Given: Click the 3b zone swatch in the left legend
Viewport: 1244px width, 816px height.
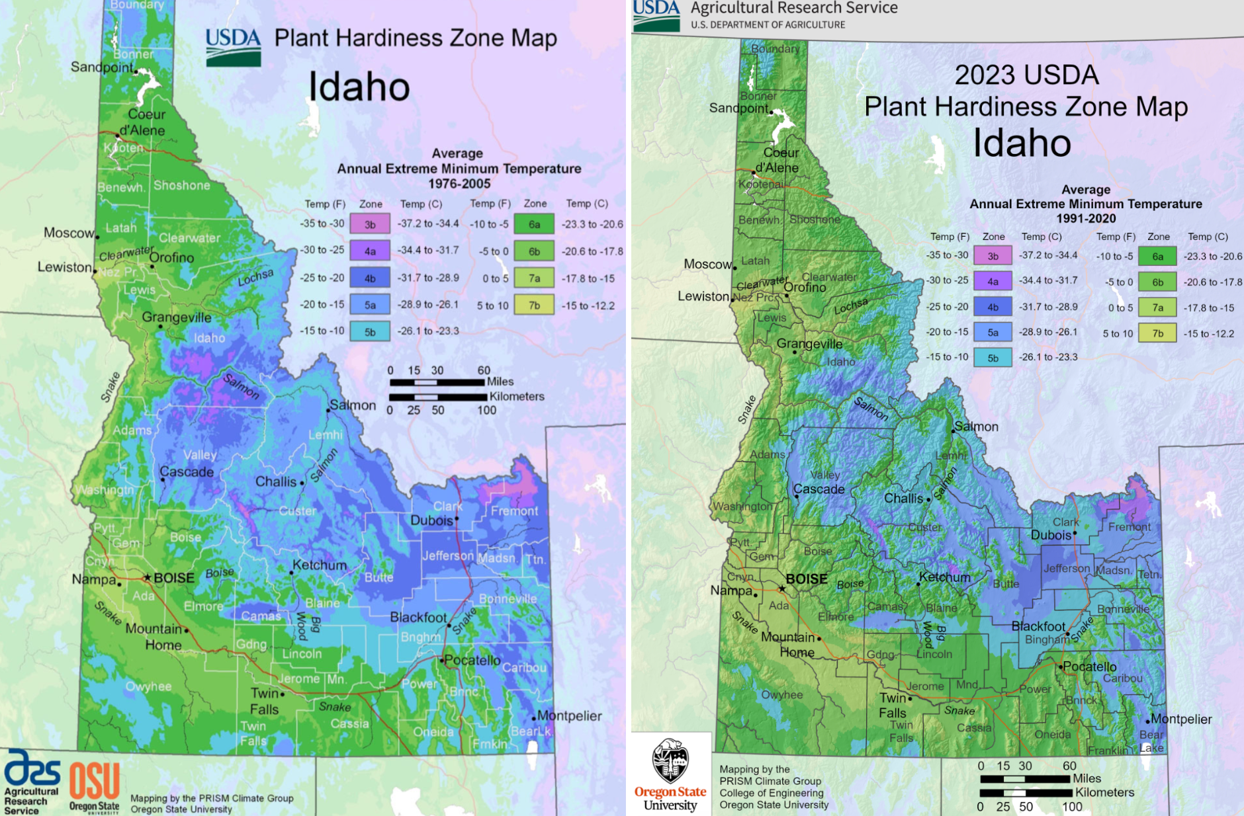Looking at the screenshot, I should [370, 224].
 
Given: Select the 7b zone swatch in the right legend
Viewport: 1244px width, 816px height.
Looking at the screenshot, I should [1157, 333].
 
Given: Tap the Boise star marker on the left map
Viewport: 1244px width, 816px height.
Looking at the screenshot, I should [148, 577].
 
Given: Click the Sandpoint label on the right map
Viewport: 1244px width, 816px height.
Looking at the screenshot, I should [738, 108].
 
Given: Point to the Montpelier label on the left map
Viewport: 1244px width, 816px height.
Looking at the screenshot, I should [570, 715].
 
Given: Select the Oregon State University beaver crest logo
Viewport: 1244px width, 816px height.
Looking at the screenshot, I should [670, 760].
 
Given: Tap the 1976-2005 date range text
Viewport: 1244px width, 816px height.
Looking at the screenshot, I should [459, 184].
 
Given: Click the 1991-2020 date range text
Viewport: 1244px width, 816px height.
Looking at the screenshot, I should [1086, 218].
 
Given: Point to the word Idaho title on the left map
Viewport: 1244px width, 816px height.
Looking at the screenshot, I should [359, 87].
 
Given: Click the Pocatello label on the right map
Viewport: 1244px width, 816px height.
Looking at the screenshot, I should [1090, 667].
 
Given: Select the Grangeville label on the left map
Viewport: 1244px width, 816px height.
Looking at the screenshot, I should [177, 317].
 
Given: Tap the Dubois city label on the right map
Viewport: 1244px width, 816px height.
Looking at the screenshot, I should [1051, 534].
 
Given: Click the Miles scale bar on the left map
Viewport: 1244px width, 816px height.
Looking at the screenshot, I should [437, 382].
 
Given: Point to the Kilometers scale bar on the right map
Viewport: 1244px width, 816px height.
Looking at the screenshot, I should [1026, 792].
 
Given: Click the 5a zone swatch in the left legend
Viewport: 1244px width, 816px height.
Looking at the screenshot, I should [370, 305].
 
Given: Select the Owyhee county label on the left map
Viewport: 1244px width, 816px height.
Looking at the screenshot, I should [149, 686].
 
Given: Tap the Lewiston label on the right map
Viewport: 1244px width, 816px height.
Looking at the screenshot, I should [702, 296].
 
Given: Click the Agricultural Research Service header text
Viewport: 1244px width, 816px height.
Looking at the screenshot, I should [794, 8].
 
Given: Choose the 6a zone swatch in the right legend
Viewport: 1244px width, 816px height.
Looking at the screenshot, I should [1157, 257].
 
